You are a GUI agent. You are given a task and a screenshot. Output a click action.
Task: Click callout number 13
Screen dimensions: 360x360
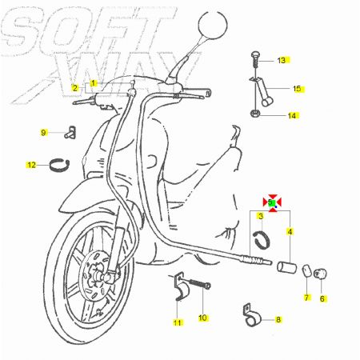(x=282, y=61)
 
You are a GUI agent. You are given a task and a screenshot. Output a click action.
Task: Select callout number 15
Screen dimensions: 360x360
(x=297, y=89)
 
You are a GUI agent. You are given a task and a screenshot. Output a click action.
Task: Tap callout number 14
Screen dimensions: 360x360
(x=292, y=116)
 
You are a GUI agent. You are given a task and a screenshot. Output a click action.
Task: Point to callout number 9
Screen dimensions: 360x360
(x=43, y=133)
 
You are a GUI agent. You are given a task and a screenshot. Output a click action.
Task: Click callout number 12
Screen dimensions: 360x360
(x=31, y=165)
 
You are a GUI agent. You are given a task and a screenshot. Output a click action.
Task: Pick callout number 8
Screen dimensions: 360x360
(x=278, y=319)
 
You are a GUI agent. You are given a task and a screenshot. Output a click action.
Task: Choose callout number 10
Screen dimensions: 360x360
(x=202, y=318)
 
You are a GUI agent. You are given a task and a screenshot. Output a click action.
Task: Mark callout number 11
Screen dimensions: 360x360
(x=178, y=322)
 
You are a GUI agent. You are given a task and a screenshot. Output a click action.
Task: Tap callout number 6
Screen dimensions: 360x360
(x=322, y=298)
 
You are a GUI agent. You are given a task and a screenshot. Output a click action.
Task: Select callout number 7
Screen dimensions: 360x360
(x=306, y=298)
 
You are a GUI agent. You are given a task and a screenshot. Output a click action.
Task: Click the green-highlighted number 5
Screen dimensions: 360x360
(x=271, y=203)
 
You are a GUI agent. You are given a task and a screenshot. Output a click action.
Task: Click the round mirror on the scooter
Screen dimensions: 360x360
(x=213, y=25)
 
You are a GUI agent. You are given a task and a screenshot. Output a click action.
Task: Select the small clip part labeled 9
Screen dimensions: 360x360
(x=70, y=132)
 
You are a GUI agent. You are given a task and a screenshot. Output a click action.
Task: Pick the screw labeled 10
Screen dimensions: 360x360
(x=199, y=284)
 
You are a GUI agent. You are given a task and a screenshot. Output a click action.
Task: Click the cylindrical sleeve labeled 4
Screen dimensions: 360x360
(x=286, y=267)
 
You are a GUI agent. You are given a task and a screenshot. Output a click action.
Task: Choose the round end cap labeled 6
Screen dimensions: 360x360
(x=320, y=274)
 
